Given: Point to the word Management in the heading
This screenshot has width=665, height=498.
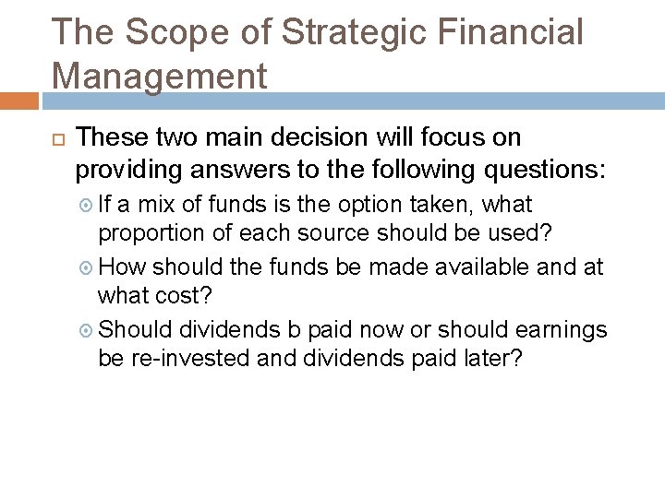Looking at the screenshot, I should tap(160, 76).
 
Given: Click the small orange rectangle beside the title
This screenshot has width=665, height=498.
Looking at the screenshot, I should tap(18, 100).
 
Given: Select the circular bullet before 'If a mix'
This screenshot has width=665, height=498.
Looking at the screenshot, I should tap(84, 204).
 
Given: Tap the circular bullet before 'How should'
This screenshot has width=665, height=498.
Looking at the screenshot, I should tap(84, 267).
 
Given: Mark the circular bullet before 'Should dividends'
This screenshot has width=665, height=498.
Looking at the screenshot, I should tap(84, 330).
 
